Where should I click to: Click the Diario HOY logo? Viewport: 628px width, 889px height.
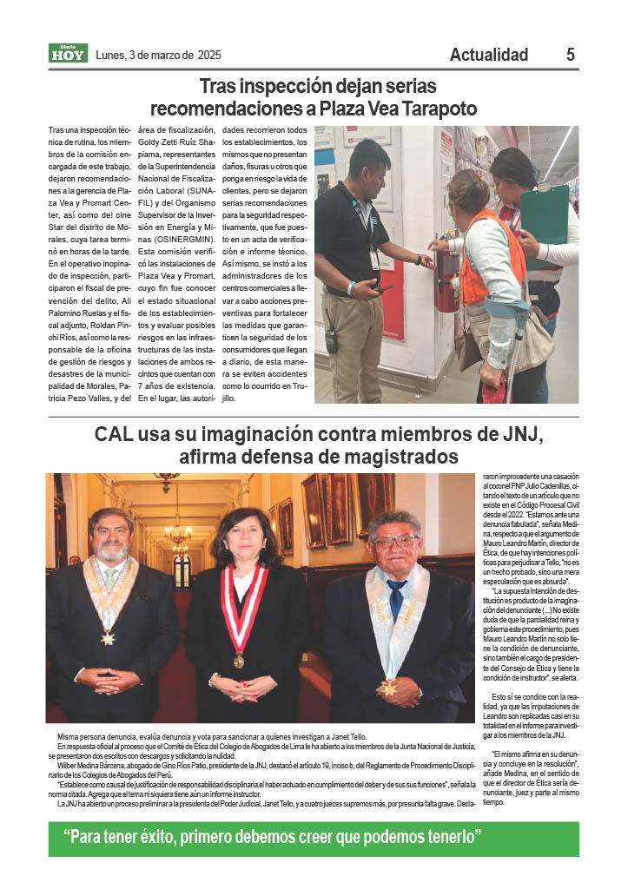(68, 54)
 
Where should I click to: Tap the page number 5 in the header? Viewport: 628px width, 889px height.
(571, 55)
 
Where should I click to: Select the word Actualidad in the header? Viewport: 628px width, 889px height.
(488, 55)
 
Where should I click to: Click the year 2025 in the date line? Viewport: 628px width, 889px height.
(208, 55)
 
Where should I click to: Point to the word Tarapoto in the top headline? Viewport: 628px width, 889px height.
(433, 109)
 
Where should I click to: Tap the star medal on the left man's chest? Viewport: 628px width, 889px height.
(108, 638)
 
